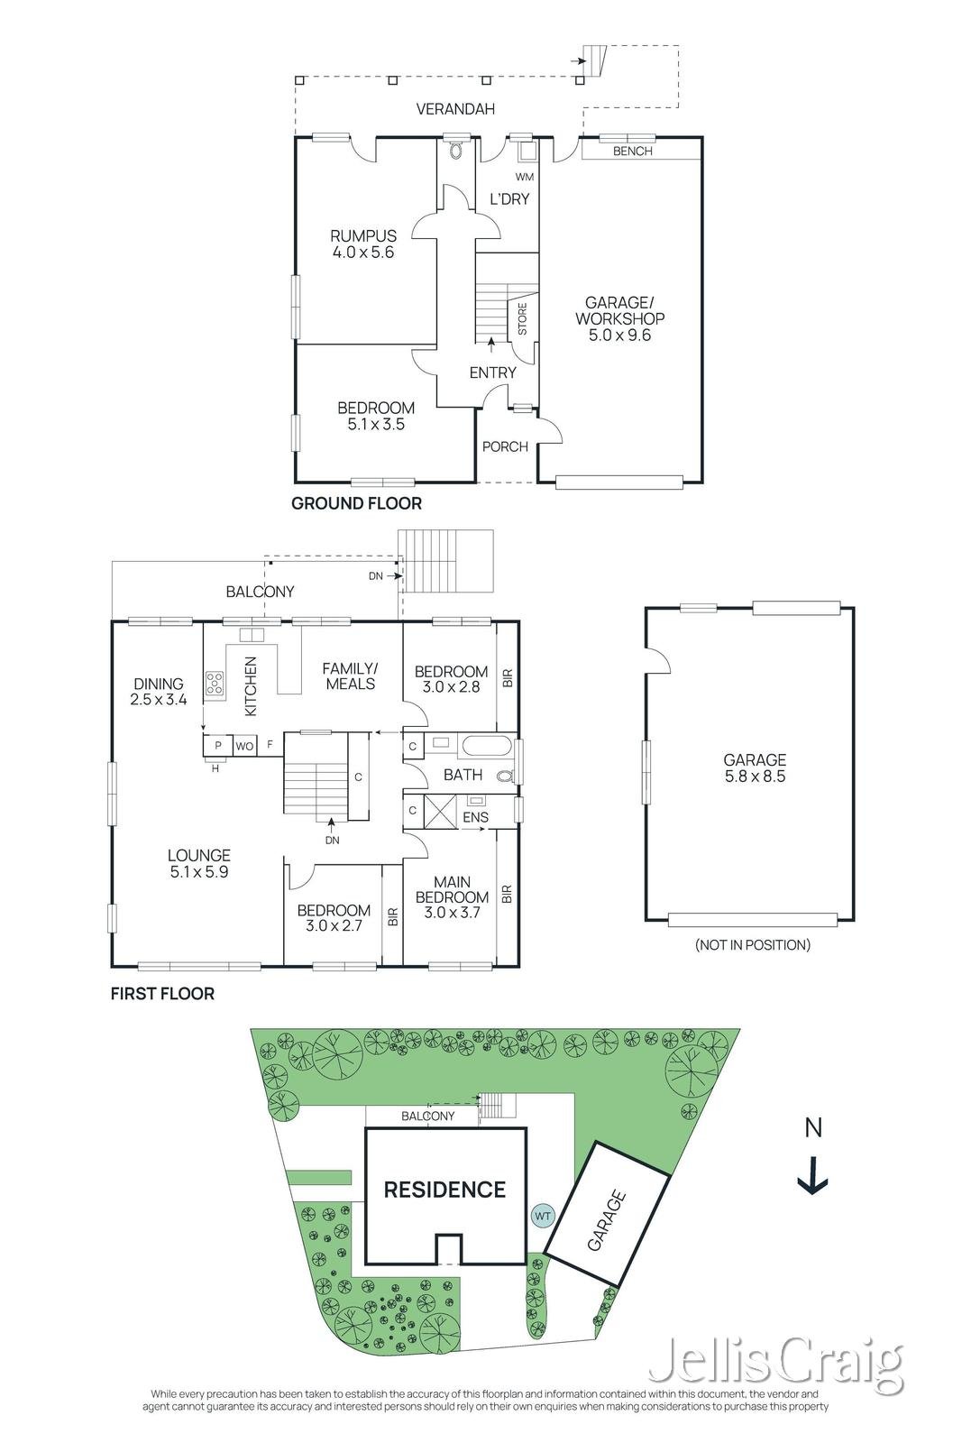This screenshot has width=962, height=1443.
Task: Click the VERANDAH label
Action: click(x=455, y=109)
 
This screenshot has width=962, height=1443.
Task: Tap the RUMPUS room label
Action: click(x=363, y=235)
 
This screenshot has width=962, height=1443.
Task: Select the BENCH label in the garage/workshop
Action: click(x=632, y=152)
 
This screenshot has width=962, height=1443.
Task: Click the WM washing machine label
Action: click(x=525, y=177)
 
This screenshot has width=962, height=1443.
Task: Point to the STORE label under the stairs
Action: click(x=522, y=319)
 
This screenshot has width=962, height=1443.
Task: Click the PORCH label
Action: click(x=505, y=446)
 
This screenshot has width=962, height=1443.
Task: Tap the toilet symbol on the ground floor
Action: click(x=456, y=150)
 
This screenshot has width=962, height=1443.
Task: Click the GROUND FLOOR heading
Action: click(x=356, y=504)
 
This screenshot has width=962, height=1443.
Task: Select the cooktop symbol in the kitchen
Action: click(x=215, y=684)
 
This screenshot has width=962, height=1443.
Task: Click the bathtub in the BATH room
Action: click(x=487, y=746)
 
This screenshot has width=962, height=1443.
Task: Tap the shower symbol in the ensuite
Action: click(x=440, y=811)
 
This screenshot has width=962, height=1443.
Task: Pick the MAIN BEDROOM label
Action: click(x=452, y=889)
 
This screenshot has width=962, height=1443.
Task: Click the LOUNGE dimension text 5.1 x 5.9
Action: click(x=199, y=872)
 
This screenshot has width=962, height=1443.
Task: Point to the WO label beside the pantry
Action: click(x=244, y=746)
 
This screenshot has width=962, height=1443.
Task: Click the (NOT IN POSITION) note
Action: click(x=752, y=945)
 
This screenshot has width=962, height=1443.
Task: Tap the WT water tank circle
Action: click(x=543, y=1217)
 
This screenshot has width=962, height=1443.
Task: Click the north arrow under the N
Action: click(x=812, y=1177)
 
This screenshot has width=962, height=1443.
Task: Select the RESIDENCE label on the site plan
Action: click(x=445, y=1190)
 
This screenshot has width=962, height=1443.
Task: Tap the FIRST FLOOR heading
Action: click(x=162, y=994)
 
